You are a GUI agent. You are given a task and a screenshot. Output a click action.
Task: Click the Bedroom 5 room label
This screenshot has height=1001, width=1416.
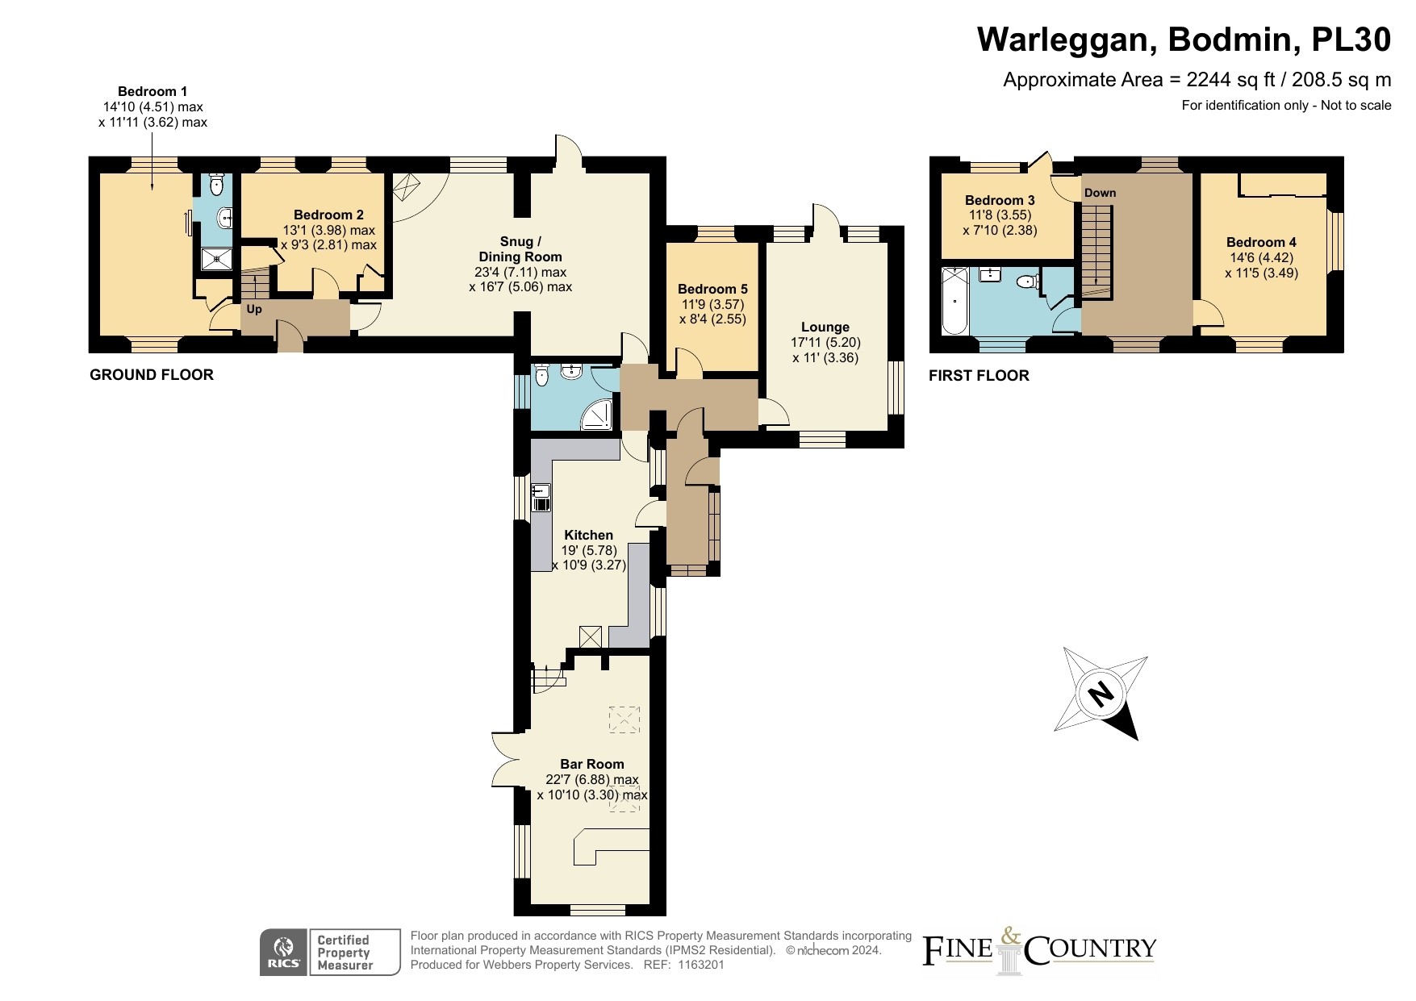pos(712,289)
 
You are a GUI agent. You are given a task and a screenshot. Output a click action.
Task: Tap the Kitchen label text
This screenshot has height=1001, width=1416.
pos(588,535)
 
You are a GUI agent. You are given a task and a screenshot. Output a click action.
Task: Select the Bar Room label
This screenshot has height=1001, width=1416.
pos(592,764)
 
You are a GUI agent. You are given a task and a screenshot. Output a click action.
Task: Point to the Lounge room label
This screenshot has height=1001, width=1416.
pos(825,327)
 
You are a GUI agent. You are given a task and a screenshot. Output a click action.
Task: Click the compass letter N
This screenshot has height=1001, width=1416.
pos(1100,693)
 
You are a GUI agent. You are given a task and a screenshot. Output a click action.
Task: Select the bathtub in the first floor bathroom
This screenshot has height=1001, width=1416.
pos(955,302)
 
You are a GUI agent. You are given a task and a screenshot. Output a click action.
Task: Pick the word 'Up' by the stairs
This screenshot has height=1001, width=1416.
pos(254,309)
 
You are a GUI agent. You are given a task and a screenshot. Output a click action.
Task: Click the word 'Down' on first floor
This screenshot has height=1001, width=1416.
pos(1100,193)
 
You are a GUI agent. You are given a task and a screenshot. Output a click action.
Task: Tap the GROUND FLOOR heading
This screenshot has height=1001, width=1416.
pos(152,374)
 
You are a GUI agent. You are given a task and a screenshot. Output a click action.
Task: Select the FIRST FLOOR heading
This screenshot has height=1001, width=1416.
pos(979,375)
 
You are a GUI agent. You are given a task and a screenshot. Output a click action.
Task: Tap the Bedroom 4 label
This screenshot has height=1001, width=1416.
pos(1261,242)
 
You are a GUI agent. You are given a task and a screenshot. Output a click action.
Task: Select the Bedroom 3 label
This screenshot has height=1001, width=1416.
pos(1000,200)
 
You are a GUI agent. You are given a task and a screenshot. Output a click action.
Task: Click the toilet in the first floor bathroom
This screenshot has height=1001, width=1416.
pos(1026,282)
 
